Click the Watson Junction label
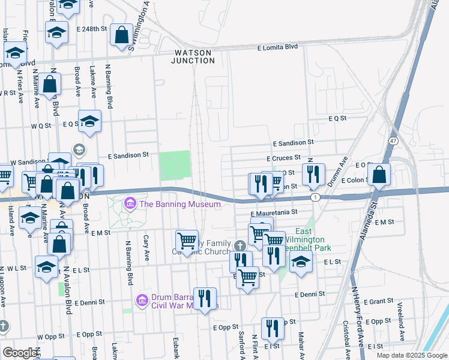pyautogui.click(x=192, y=56)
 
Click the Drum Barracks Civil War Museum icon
pyautogui.click(x=142, y=299)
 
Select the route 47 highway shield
pyautogui.click(x=393, y=140)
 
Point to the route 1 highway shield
pyautogui.click(x=315, y=197)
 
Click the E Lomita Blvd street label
pyautogui.click(x=277, y=47)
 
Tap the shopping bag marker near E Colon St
pyautogui.click(x=379, y=175)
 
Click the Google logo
pyautogui.click(x=20, y=353)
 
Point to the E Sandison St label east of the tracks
pyautogui.click(x=293, y=143)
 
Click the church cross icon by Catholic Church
pyautogui.click(x=240, y=245)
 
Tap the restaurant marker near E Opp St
pyautogui.click(x=273, y=328)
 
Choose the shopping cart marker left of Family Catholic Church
pyautogui.click(x=187, y=241)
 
